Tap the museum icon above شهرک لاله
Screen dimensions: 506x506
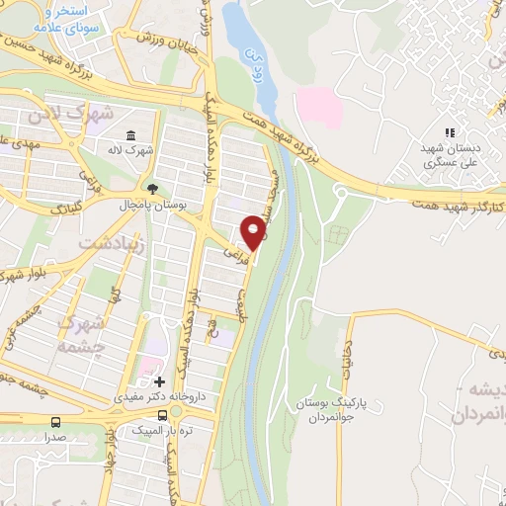click(130, 135)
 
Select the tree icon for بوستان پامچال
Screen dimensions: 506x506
click(151, 188)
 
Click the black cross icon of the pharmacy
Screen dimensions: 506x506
click(159, 381)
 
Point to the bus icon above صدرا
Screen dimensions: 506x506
click(56, 421)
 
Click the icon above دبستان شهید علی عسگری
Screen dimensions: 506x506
click(450, 131)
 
